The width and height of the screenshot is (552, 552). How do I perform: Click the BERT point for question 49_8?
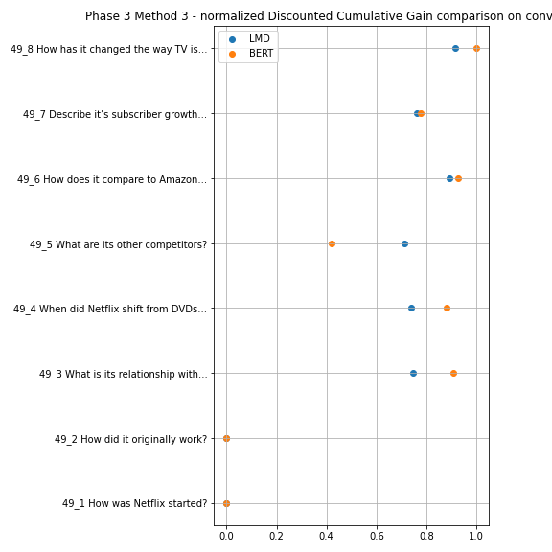point(476,48)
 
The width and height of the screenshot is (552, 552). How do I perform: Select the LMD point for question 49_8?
point(455,48)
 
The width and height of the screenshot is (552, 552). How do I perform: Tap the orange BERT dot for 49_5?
point(332,243)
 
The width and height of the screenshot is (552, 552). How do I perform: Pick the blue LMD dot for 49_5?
point(404,243)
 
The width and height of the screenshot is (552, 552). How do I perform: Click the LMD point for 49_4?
point(411,308)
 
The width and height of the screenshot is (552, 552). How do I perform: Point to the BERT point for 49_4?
point(447,308)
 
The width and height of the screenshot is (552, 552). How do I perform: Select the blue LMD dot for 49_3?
point(413,373)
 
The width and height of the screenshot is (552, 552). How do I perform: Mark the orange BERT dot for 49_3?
point(453,373)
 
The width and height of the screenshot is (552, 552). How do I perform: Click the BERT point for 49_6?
point(458,179)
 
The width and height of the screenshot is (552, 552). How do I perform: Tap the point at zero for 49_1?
point(226,503)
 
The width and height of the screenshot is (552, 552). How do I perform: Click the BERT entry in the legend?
point(251,53)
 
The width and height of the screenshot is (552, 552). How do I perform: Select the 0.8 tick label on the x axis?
point(426,536)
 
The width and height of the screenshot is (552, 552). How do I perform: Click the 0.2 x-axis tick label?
point(276,536)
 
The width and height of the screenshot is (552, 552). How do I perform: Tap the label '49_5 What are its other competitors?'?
point(118,244)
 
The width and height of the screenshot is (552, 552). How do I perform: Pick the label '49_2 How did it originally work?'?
point(131,439)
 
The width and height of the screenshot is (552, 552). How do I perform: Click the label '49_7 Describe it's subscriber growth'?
point(115,114)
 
